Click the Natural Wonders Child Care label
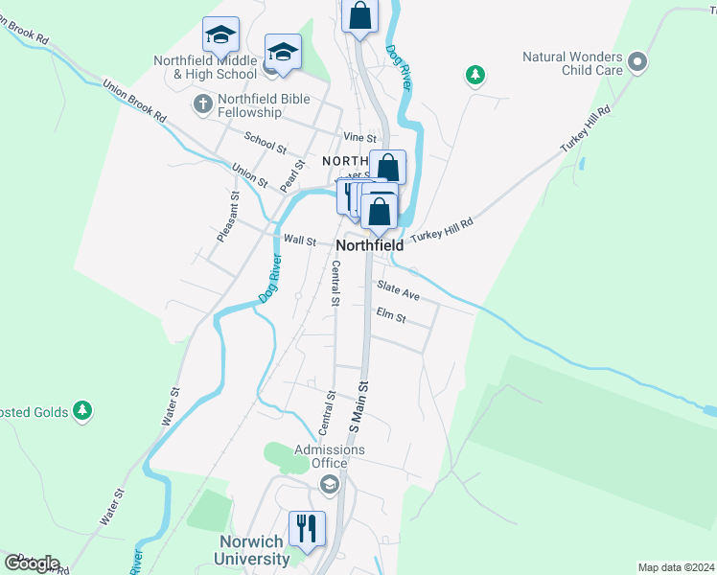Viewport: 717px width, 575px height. (x=572, y=63)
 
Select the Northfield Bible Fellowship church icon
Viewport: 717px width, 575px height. (x=202, y=103)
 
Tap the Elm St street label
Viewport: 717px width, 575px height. (x=391, y=314)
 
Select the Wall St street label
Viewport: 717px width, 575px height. (x=299, y=241)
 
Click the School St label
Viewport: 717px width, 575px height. (x=265, y=143)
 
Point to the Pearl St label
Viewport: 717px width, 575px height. (x=291, y=173)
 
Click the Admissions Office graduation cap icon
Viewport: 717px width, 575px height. (x=330, y=484)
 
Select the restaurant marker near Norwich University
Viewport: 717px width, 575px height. (x=307, y=528)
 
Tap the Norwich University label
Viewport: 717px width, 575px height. (x=248, y=550)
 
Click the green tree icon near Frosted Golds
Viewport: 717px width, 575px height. (x=83, y=411)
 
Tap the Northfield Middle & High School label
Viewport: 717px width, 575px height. (x=205, y=66)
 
